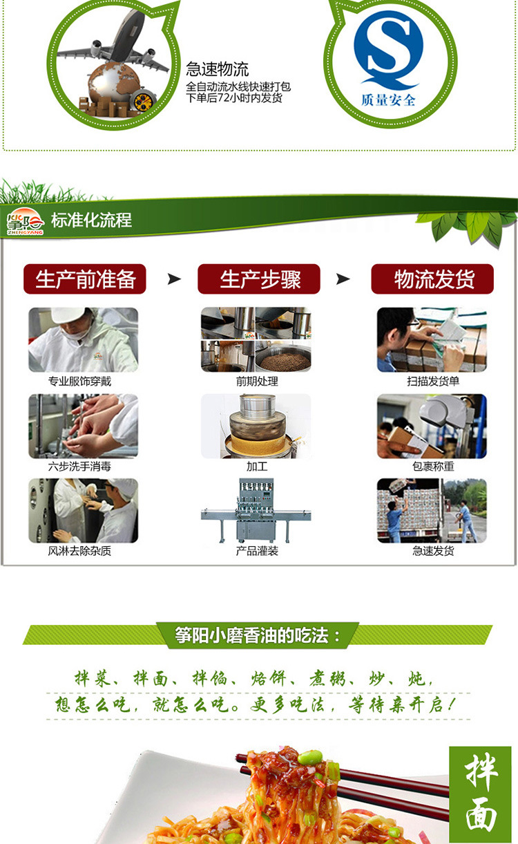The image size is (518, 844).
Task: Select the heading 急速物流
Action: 217,69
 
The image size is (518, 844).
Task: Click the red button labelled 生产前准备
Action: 85,279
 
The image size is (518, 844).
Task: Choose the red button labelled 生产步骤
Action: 259,279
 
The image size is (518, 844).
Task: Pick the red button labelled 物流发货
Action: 432,279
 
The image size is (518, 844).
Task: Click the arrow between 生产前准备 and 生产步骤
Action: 174,279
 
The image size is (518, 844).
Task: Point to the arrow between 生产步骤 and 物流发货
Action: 343,279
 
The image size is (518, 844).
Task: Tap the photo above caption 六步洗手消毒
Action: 83,426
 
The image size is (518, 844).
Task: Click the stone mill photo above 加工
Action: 256,426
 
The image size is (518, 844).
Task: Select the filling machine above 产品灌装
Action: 256,511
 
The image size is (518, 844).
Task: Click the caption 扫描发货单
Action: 433,381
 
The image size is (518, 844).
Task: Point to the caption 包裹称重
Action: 433,467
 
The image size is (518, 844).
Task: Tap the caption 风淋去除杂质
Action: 79,551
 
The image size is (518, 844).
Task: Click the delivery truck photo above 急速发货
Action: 432,511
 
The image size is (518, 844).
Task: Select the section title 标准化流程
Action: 91,221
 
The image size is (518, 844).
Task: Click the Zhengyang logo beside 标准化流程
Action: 25,222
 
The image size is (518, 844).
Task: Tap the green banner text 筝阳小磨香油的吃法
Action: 258,635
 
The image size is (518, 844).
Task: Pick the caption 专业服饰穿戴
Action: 79,381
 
